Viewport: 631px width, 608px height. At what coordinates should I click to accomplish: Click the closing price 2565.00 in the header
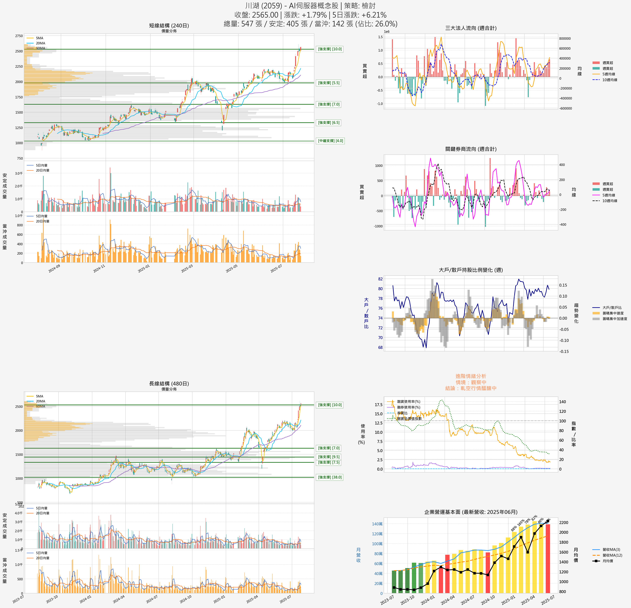265,15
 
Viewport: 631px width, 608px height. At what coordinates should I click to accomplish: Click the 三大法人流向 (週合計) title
471,28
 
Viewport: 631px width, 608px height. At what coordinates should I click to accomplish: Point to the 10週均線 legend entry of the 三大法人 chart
609,80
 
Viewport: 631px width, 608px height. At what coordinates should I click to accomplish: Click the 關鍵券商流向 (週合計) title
471,149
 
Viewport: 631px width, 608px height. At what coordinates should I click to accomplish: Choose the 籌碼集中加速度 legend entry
615,319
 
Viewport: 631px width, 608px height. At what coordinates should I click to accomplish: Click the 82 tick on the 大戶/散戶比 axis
380,279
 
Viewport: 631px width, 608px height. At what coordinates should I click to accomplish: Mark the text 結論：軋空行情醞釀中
471,388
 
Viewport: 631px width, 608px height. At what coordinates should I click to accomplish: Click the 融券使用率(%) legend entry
408,407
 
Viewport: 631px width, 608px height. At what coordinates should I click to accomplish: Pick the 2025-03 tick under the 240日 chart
187,269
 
